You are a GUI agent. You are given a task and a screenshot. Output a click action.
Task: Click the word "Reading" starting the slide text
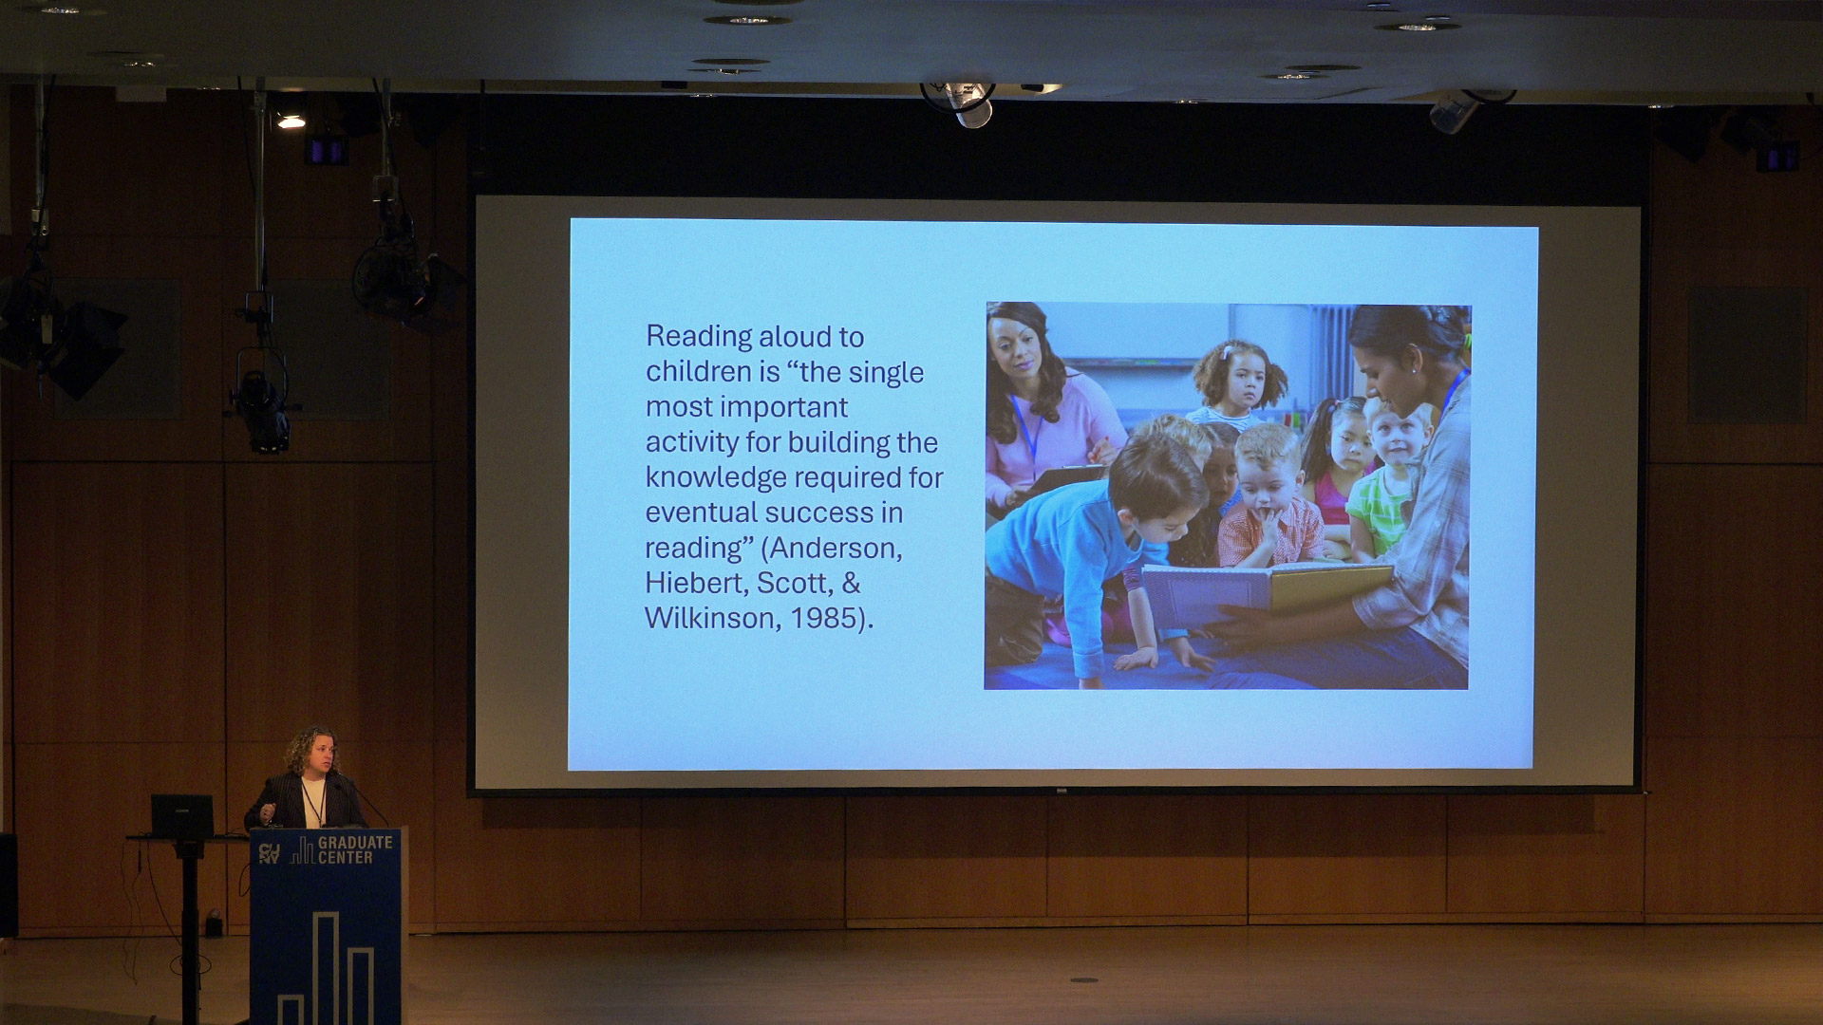click(x=699, y=338)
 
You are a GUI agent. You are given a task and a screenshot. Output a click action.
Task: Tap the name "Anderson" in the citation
click(x=836, y=548)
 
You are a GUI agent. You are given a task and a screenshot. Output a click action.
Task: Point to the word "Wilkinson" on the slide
click(x=710, y=618)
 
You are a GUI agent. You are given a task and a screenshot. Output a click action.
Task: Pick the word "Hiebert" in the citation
click(x=696, y=583)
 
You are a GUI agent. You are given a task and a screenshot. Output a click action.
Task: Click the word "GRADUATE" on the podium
click(x=355, y=842)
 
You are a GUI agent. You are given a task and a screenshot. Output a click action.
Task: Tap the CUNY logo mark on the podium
click(x=270, y=853)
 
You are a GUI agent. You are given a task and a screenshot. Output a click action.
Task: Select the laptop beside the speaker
click(x=182, y=815)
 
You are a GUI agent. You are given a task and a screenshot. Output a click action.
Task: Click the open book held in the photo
click(x=1268, y=590)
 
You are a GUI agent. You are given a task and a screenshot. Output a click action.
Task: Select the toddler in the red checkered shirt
click(x=1269, y=498)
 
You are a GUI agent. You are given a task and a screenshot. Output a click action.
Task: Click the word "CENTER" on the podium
click(x=346, y=857)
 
